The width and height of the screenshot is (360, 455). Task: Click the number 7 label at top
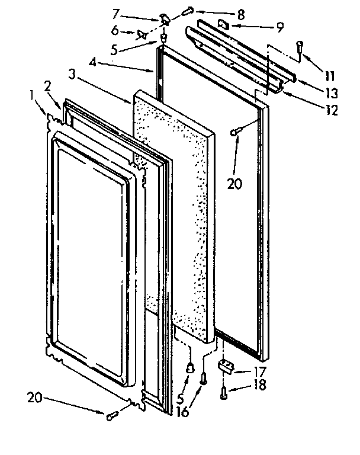click(x=115, y=12)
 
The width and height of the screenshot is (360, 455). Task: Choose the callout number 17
click(x=260, y=373)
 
